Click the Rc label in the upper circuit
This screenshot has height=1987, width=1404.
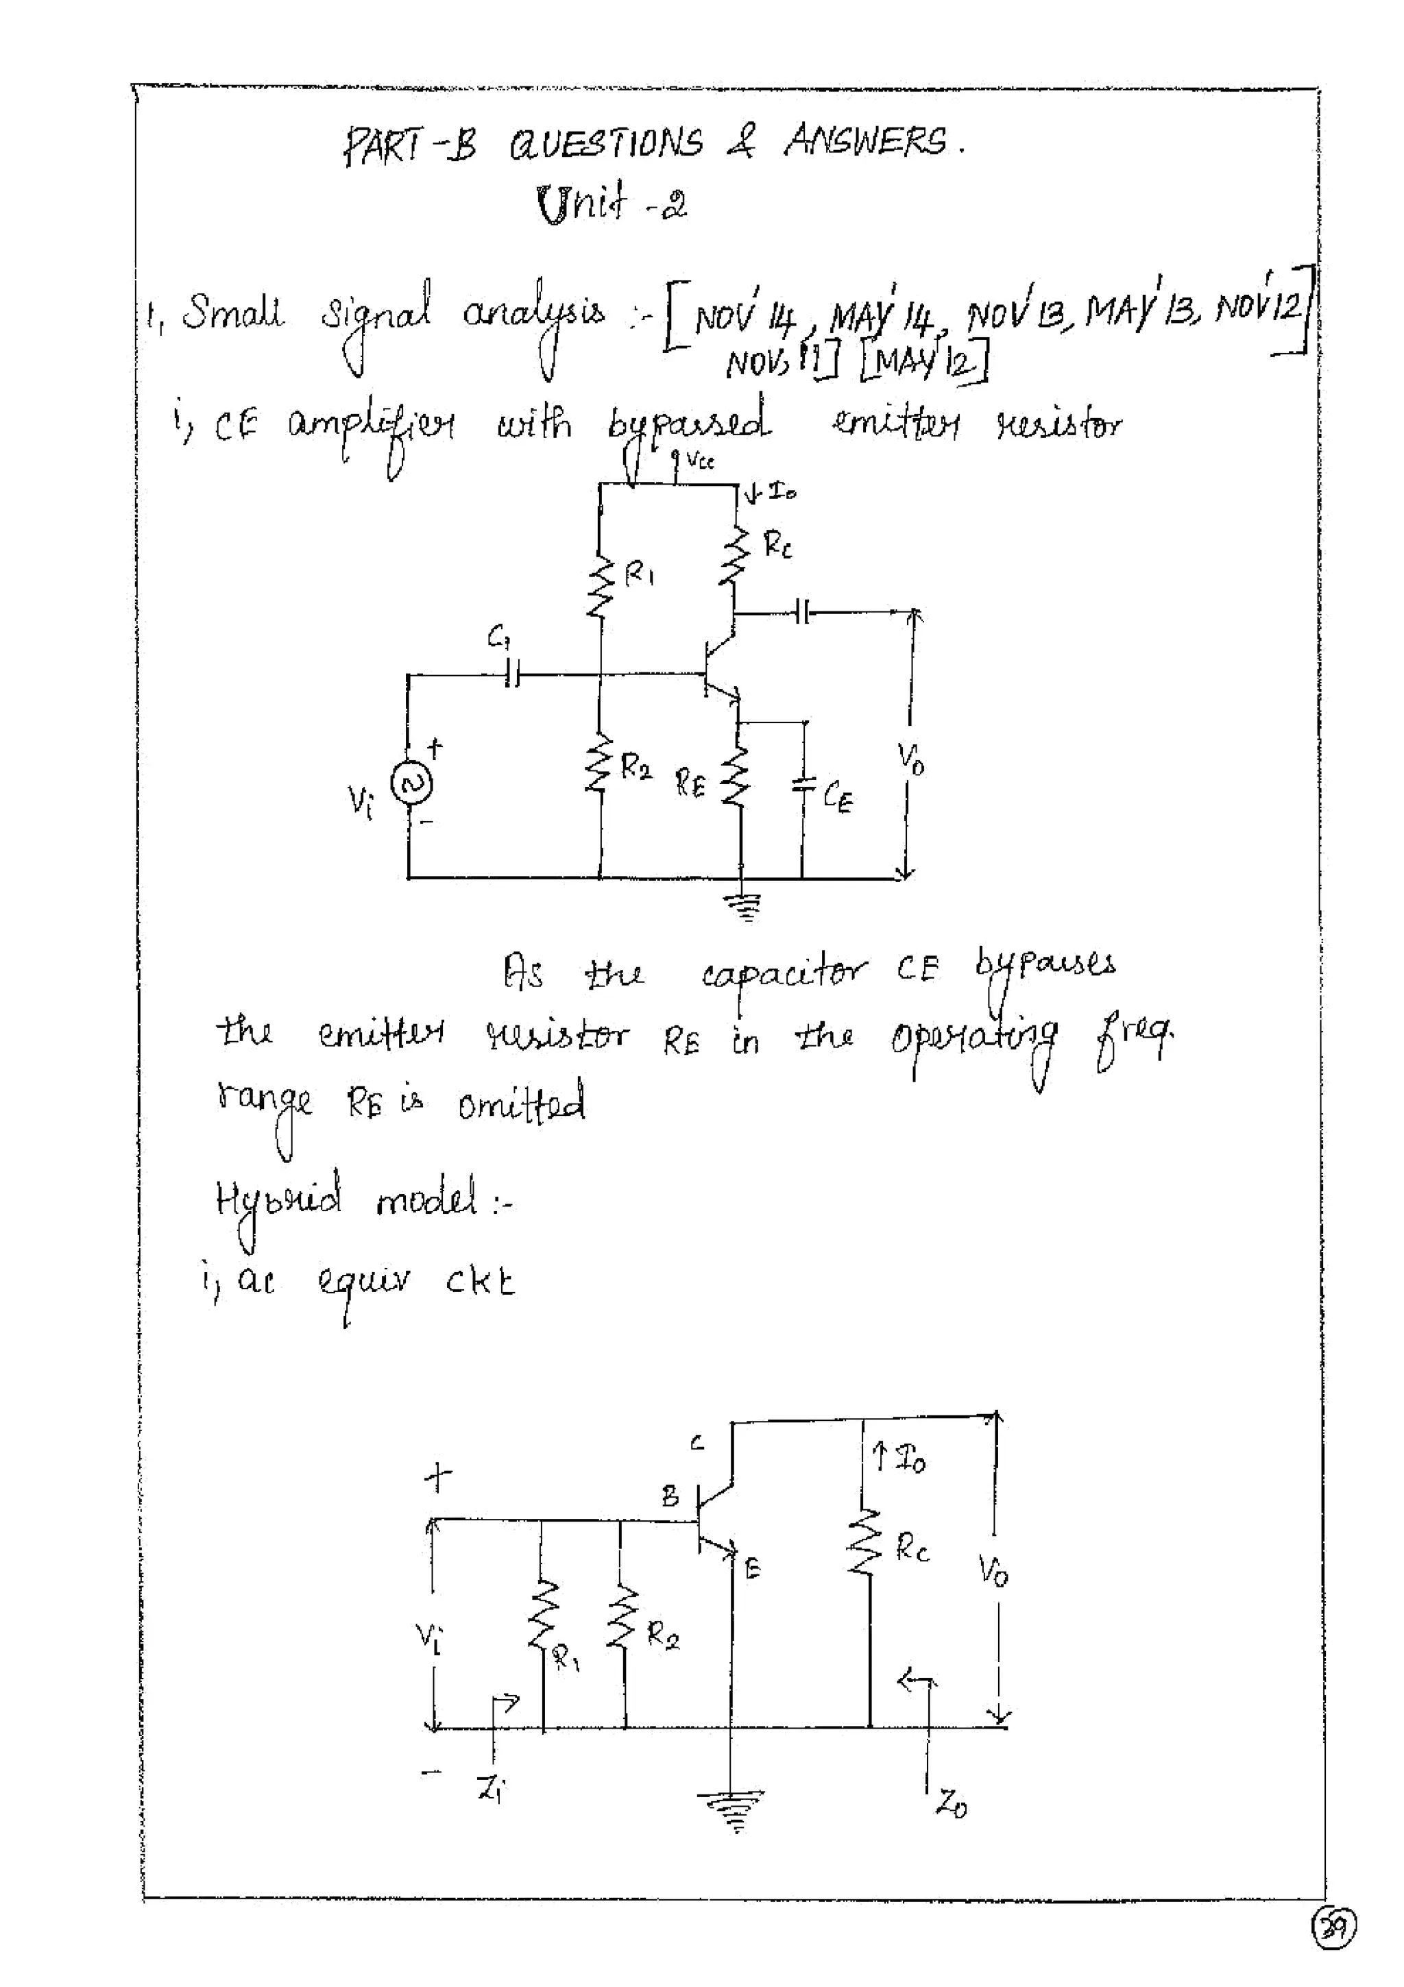777,544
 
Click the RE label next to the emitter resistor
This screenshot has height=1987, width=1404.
690,784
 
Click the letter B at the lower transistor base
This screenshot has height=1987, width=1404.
671,1496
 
